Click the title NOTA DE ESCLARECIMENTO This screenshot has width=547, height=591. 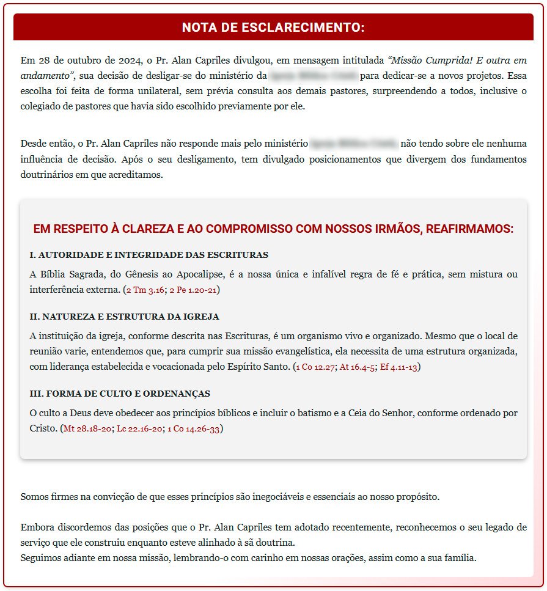pyautogui.click(x=273, y=28)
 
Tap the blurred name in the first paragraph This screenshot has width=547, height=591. pyautogui.click(x=313, y=76)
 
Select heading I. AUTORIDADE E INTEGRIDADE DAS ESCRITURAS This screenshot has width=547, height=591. pyautogui.click(x=149, y=254)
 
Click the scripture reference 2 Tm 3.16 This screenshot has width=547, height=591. pyautogui.click(x=145, y=290)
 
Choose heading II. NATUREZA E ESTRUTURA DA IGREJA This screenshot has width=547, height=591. pyautogui.click(x=124, y=317)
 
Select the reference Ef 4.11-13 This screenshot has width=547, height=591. pyautogui.click(x=398, y=367)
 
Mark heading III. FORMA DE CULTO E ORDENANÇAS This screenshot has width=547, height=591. pyautogui.click(x=120, y=394)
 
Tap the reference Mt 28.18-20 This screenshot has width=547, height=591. pyautogui.click(x=88, y=429)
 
